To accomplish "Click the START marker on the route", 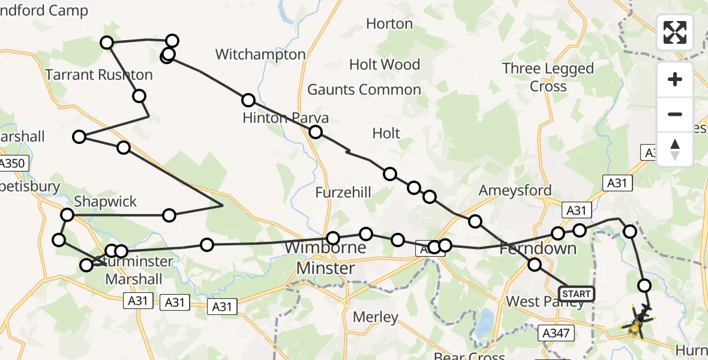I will [576, 293].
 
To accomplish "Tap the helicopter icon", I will [638, 321].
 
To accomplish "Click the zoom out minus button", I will [675, 114].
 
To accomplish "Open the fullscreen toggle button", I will [675, 32].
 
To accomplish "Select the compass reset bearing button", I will [675, 149].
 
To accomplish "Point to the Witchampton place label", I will [260, 55].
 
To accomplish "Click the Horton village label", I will [389, 24].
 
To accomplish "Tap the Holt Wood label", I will [385, 64].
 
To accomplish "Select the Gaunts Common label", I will [364, 90].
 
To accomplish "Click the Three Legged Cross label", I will [548, 77].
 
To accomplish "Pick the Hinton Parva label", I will [286, 118].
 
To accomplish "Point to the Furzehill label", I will [343, 193].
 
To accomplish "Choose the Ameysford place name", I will [515, 191].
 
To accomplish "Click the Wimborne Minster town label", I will [326, 258].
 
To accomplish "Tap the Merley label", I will [376, 317].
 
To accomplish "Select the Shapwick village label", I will [106, 202].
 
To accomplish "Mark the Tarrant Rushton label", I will [99, 75].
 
